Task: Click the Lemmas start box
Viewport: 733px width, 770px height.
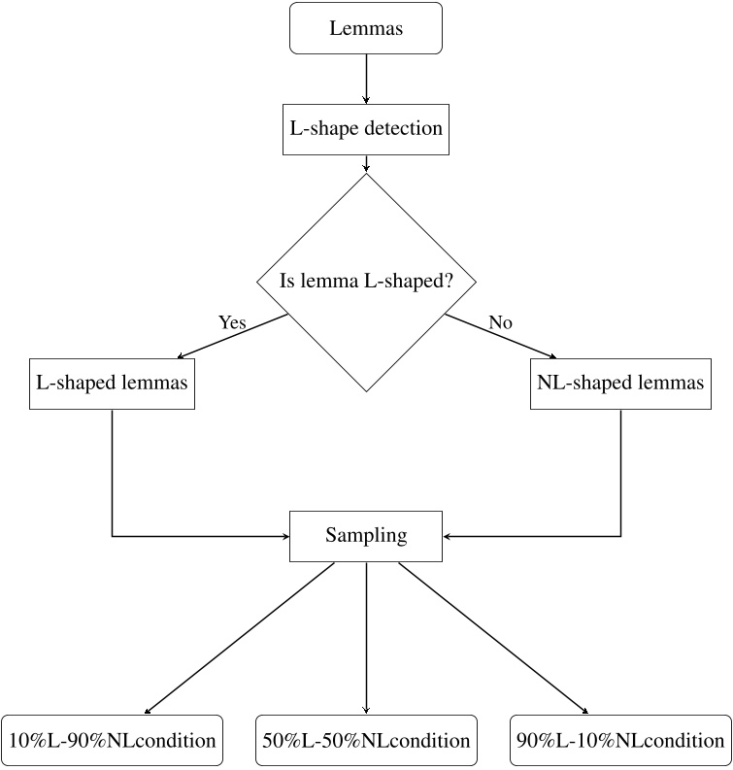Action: click(366, 28)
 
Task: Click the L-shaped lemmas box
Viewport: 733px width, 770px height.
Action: click(113, 382)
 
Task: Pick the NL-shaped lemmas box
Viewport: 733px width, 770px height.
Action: click(620, 382)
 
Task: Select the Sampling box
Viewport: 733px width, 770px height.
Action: click(366, 535)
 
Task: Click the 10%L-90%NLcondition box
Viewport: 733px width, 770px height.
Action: click(113, 740)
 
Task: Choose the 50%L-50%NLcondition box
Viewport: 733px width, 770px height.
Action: click(366, 740)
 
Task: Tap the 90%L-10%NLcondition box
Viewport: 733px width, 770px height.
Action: click(620, 740)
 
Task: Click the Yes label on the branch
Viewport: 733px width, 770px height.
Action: click(232, 323)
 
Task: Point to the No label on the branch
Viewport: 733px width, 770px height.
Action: click(500, 323)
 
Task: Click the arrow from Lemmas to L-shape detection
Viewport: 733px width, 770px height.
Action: click(366, 79)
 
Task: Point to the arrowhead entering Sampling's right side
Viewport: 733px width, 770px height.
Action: click(448, 535)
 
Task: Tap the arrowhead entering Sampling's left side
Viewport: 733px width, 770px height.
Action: click(285, 535)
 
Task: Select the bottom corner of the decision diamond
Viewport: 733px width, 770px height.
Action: click(366, 391)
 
